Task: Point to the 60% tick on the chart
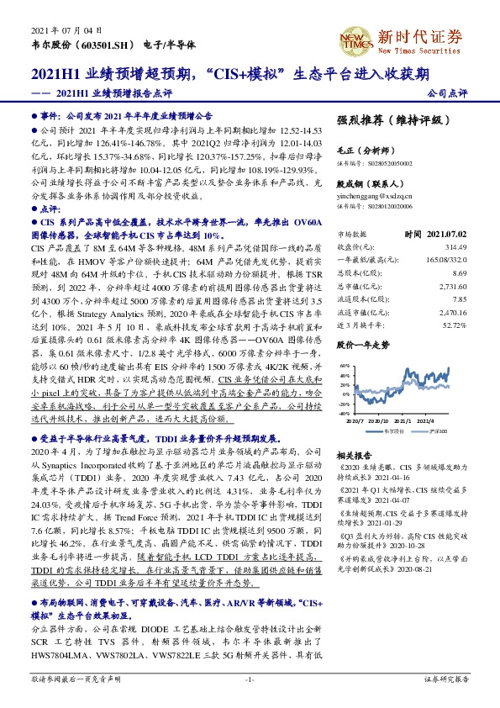[344, 367]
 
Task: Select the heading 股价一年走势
[364, 345]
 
